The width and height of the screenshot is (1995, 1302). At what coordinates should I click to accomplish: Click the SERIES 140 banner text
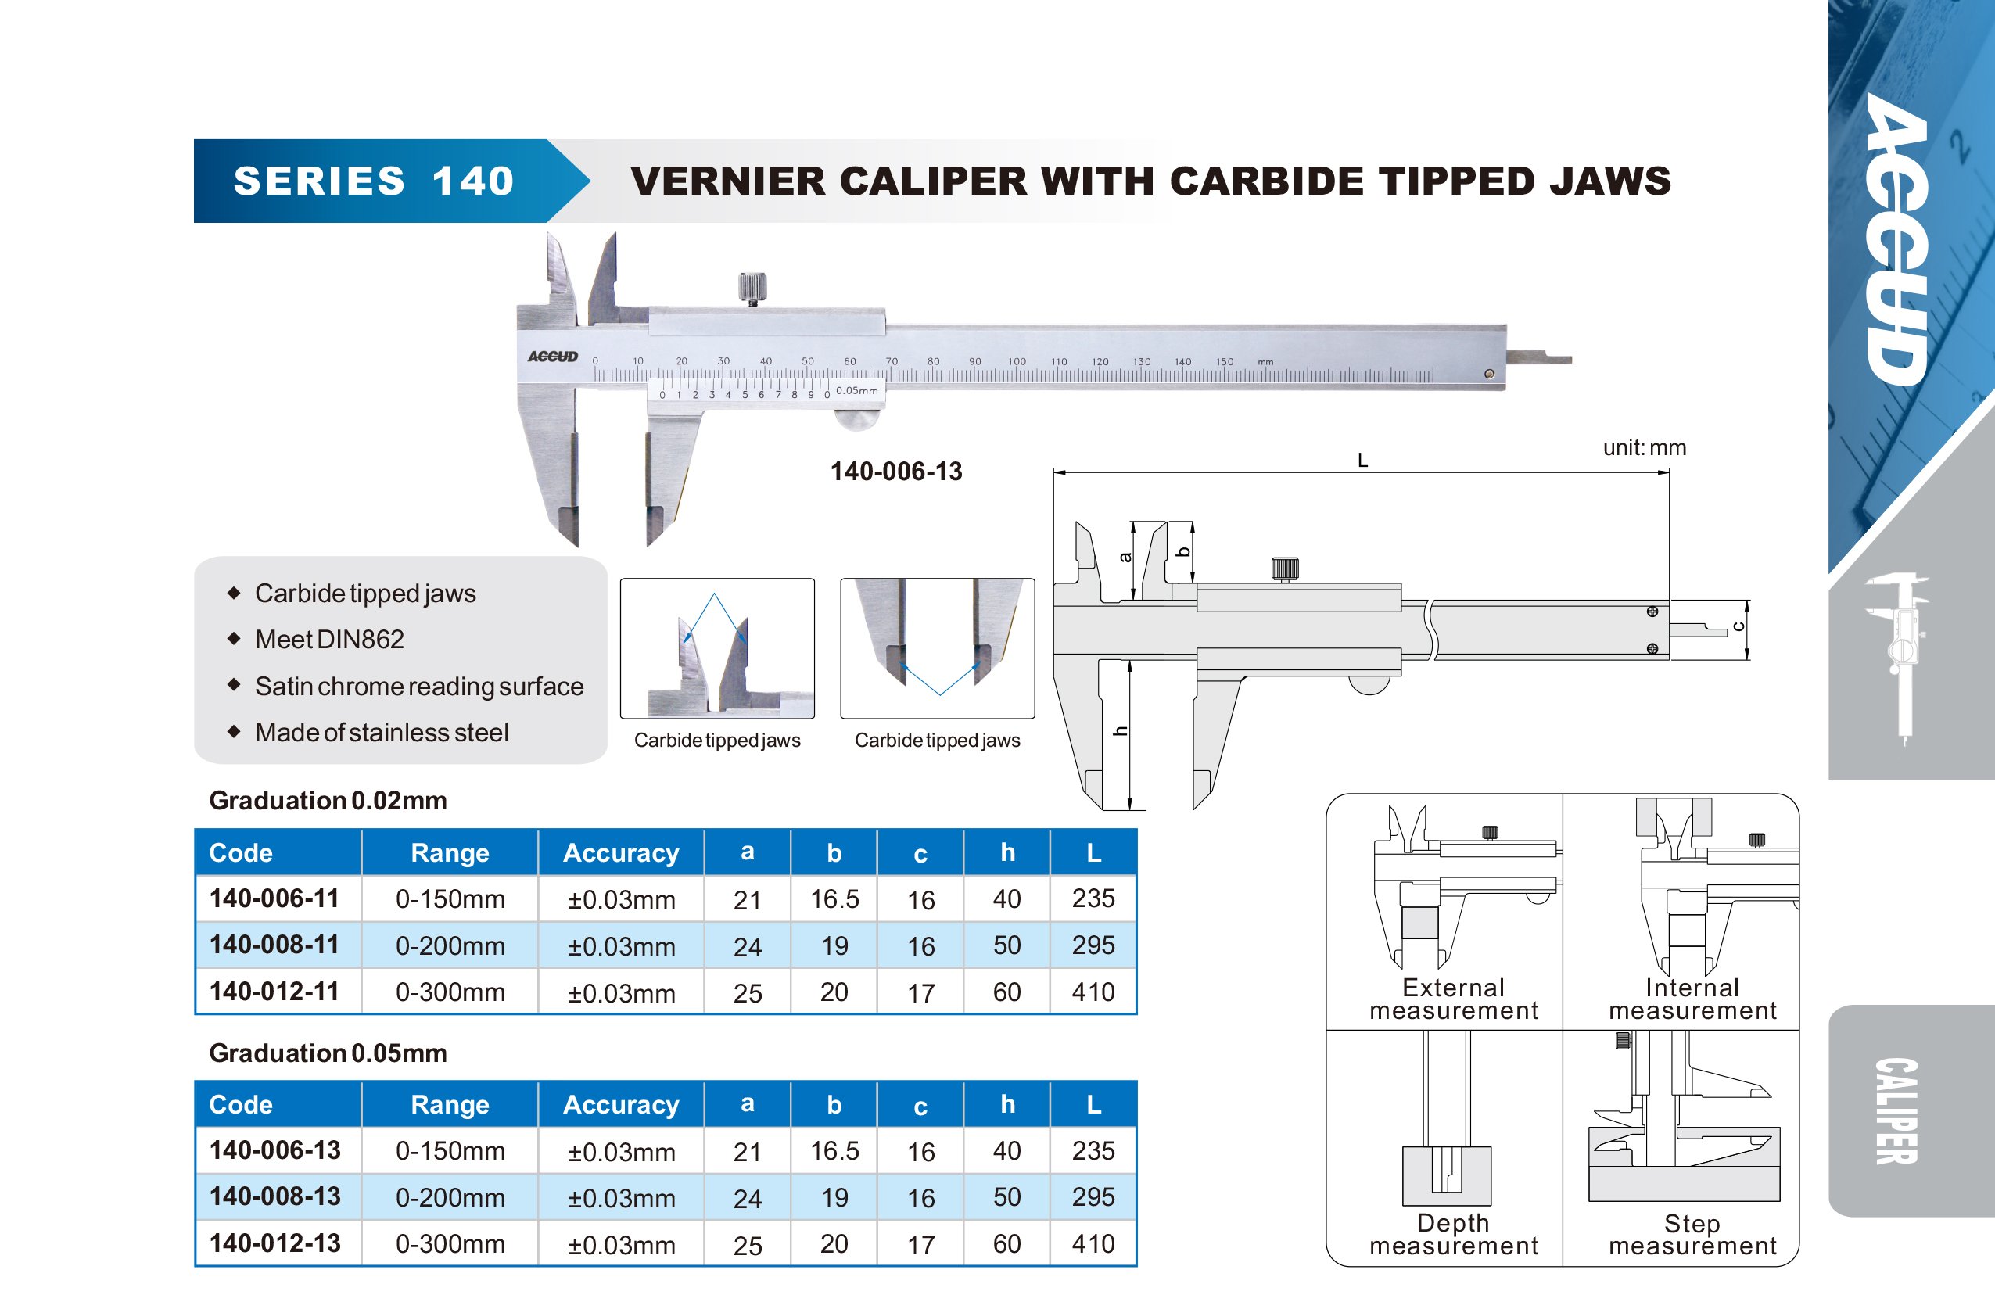point(373,181)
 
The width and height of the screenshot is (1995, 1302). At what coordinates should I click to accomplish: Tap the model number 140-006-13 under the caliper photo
point(896,472)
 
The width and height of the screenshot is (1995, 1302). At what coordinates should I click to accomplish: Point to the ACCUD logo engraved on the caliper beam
point(552,357)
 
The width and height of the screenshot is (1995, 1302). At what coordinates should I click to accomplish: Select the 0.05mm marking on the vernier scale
point(856,391)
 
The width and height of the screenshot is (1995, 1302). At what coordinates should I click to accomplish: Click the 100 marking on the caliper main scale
point(1017,361)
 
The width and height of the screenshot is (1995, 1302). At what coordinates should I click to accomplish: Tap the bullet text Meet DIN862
point(329,640)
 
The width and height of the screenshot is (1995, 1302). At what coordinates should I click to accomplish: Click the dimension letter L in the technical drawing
point(1362,461)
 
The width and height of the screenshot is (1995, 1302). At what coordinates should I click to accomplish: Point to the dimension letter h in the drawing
point(1120,731)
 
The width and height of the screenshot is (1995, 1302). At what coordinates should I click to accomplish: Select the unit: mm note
point(1644,448)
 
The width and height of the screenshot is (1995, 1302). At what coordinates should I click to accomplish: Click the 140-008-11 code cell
point(274,945)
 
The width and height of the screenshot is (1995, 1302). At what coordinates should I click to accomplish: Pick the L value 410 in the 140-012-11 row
point(1093,992)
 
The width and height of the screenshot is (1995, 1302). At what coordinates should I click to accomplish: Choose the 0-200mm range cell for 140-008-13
point(450,1197)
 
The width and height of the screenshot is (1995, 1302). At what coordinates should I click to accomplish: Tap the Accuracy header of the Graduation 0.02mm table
point(620,852)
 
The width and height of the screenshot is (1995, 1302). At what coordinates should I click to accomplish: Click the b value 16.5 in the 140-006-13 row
point(834,1150)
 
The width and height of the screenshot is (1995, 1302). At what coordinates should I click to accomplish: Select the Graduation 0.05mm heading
point(328,1053)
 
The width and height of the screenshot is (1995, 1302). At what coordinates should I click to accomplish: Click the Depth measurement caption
point(1454,1234)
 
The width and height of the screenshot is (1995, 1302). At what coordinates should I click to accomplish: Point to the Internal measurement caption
point(1692,999)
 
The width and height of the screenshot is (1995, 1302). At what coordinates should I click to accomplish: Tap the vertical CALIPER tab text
point(1896,1111)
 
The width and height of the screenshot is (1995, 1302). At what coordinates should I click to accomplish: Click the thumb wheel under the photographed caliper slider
point(859,419)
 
